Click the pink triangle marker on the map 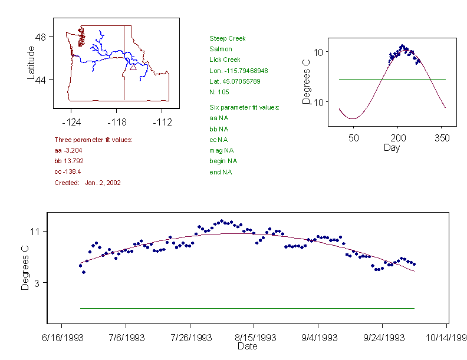(133, 67)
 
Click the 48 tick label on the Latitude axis (41, 37)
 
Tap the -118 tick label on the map (117, 123)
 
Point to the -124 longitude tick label (71, 123)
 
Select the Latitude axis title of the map (31, 62)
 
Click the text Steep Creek (227, 38)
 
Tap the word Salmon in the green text (221, 49)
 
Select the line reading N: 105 (219, 92)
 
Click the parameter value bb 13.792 (68, 161)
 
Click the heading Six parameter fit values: (244, 107)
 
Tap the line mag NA (221, 150)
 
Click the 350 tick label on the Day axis (442, 138)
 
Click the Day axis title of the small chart (392, 147)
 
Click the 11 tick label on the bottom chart (34, 232)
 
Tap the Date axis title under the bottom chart (248, 346)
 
